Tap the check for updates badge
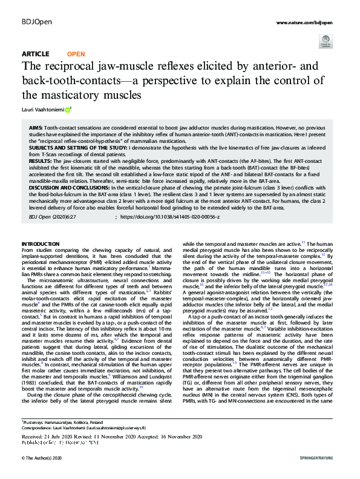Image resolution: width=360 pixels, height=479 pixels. (325, 41)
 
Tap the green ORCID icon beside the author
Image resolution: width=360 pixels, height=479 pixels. (68, 109)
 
